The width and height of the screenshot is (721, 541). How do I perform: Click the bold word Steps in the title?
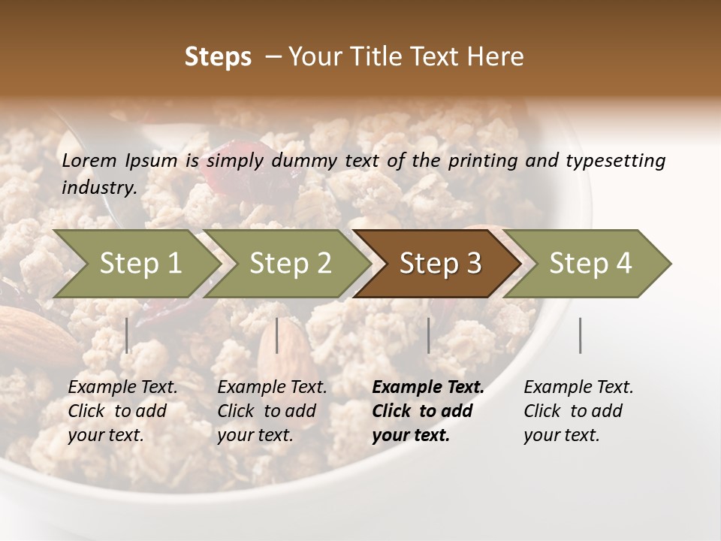[x=218, y=57]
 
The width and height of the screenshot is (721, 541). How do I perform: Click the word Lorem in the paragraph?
[x=89, y=160]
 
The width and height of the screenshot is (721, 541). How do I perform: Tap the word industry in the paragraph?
[x=99, y=187]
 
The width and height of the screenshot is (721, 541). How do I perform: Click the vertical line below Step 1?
[x=127, y=335]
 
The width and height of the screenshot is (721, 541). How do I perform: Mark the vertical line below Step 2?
[x=277, y=335]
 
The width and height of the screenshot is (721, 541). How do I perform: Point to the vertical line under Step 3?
[x=429, y=335]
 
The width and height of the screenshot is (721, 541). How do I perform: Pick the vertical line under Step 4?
[x=580, y=335]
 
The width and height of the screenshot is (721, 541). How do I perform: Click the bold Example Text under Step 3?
[x=428, y=387]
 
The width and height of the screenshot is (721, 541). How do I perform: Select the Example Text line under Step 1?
[x=122, y=387]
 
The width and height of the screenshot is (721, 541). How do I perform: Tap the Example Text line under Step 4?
[x=578, y=387]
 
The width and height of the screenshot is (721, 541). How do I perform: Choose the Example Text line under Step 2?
[x=272, y=387]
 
